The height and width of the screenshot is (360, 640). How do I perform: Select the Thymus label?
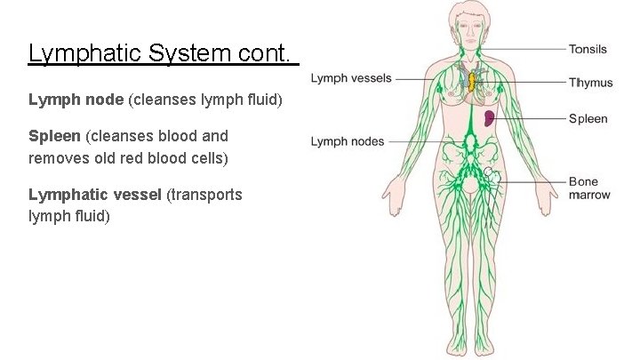pyautogui.click(x=590, y=83)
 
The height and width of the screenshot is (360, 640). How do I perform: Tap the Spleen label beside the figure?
pyautogui.click(x=588, y=118)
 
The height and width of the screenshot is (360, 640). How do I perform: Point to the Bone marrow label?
pyautogui.click(x=589, y=188)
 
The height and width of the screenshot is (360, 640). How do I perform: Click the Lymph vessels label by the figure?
pyautogui.click(x=350, y=78)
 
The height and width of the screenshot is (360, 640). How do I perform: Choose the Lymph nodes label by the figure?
pyautogui.click(x=348, y=140)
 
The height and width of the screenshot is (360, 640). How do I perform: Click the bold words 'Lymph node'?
pyautogui.click(x=76, y=101)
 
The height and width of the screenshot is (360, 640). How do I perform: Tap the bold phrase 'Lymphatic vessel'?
pyautogui.click(x=96, y=195)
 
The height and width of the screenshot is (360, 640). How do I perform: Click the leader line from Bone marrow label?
pyautogui.click(x=533, y=182)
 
